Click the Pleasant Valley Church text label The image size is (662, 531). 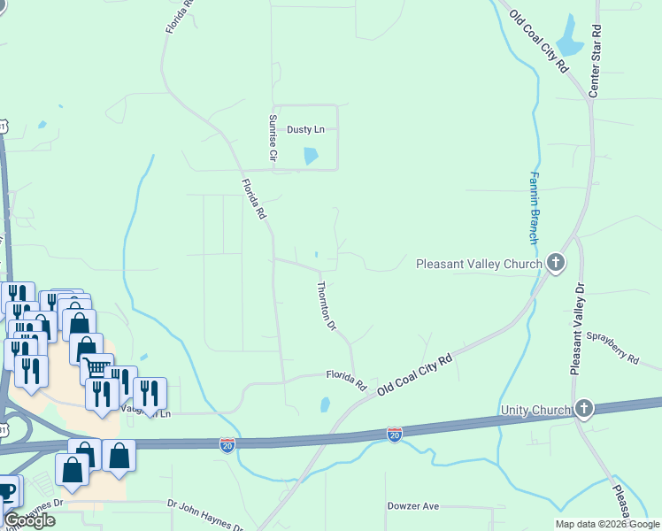point(479,264)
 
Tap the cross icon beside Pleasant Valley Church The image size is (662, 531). point(556,263)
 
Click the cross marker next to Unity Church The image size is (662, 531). point(583,408)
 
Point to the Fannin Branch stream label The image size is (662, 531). point(534,208)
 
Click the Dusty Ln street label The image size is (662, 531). point(305,129)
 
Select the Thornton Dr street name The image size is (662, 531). point(327,306)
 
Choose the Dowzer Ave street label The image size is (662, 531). point(413,506)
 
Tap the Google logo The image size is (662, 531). point(30,519)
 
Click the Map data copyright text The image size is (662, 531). point(607,524)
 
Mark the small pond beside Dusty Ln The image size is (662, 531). point(311,156)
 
